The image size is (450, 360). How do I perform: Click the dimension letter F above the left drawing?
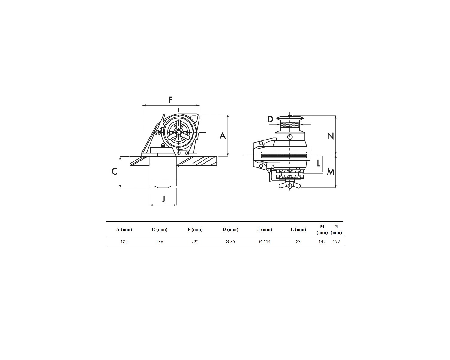pyautogui.click(x=171, y=100)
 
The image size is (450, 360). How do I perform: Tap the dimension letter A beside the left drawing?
pyautogui.click(x=223, y=136)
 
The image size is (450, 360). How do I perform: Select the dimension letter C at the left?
pyautogui.click(x=114, y=172)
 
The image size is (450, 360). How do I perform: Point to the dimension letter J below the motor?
pyautogui.click(x=163, y=199)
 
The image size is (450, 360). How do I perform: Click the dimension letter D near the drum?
pyautogui.click(x=270, y=119)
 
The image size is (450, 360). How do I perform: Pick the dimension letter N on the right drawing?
pyautogui.click(x=331, y=136)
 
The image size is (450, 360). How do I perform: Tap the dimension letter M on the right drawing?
pyautogui.click(x=331, y=172)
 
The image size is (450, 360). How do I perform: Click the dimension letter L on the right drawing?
pyautogui.click(x=319, y=163)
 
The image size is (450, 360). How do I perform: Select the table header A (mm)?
pyautogui.click(x=124, y=229)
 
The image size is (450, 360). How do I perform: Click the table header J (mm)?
pyautogui.click(x=265, y=229)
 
